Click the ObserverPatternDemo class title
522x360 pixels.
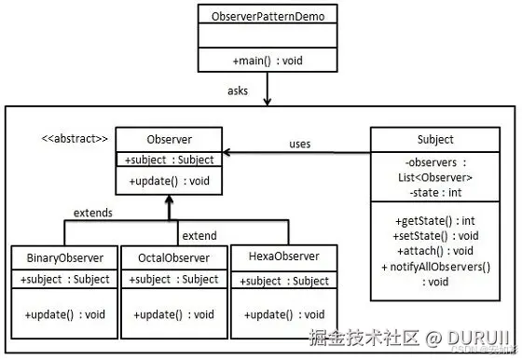click(x=267, y=17)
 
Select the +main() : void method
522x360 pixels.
click(x=267, y=62)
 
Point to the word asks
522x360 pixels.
click(x=238, y=90)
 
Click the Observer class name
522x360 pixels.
click(x=169, y=138)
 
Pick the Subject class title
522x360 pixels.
click(x=435, y=140)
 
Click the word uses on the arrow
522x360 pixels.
click(x=299, y=144)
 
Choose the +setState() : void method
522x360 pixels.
click(x=434, y=236)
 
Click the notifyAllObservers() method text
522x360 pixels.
click(x=438, y=267)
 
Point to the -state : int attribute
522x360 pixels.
click(x=435, y=192)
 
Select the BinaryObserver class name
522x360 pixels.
click(x=64, y=256)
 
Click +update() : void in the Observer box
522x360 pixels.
click(x=169, y=180)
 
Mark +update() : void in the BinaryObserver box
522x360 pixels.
click(x=64, y=314)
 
